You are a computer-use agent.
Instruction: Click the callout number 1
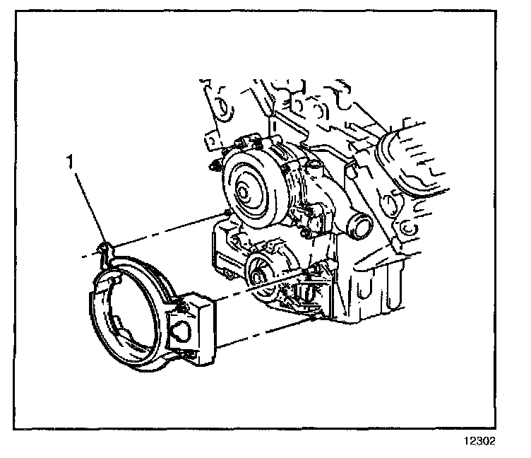(x=69, y=162)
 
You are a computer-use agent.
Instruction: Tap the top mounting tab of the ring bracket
(x=104, y=247)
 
